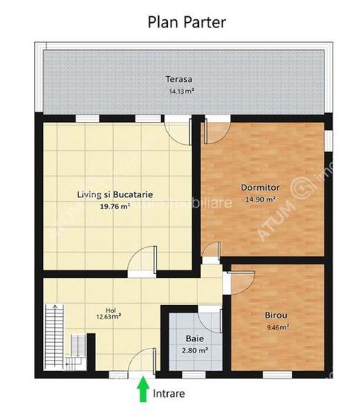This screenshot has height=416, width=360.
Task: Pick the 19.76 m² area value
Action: point(115,208)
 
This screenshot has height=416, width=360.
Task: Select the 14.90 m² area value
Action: point(261,199)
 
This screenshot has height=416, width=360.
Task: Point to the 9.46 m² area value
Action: point(277,326)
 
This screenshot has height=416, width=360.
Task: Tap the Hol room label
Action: point(110,310)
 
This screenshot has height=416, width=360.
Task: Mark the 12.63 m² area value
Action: point(110,321)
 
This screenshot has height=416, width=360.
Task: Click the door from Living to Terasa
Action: point(176,131)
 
